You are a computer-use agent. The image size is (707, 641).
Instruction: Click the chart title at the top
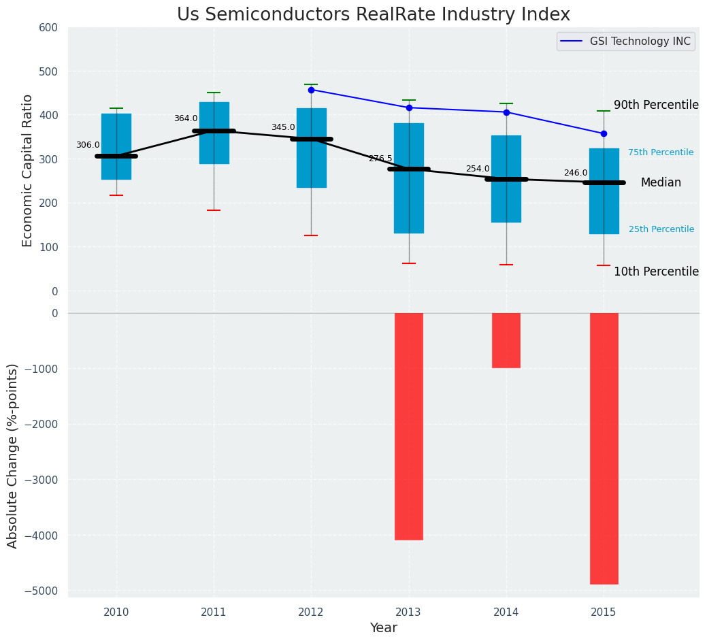pos(373,15)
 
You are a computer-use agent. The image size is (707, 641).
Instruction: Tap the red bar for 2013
pos(409,426)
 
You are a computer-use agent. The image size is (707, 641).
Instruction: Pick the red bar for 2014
pos(506,340)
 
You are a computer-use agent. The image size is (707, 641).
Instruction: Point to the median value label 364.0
pos(186,118)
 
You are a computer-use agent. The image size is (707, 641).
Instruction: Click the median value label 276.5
pos(380,159)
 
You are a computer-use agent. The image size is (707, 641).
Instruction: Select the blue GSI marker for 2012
pos(311,90)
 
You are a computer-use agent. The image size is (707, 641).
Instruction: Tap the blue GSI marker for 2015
pos(604,133)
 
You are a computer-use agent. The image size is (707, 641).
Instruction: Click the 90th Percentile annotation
pos(656,105)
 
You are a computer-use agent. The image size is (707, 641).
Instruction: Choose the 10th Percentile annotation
pos(656,272)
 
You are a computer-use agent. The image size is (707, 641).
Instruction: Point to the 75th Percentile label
pos(661,152)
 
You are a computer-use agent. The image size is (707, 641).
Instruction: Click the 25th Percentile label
pos(661,229)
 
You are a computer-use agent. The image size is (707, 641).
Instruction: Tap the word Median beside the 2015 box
pos(661,182)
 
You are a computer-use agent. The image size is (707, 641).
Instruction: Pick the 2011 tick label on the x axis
pos(214,612)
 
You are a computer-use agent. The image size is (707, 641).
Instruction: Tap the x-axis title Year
pos(383,628)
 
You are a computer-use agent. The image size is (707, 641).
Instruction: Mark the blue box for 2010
pos(116,146)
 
